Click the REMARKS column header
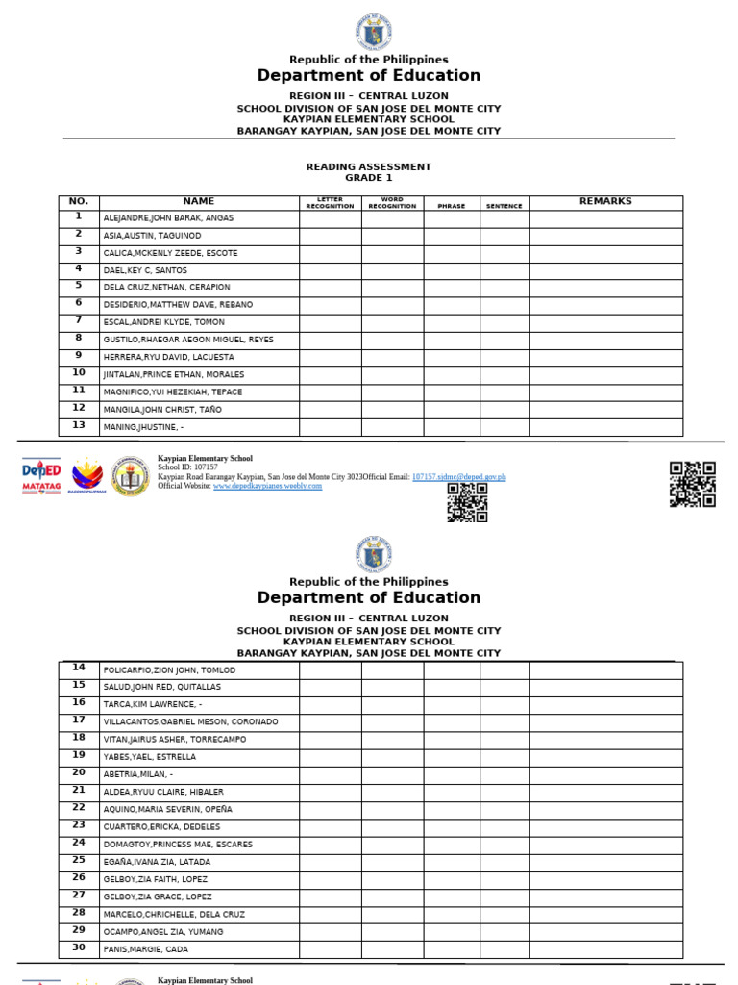[605, 202]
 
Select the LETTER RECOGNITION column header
[330, 203]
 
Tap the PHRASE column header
[451, 206]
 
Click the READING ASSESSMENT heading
[369, 167]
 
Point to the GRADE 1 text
[369, 178]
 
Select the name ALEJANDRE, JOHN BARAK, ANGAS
[168, 218]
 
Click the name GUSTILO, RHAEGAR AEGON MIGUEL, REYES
[188, 340]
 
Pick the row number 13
[79, 425]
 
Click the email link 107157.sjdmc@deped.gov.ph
[458, 477]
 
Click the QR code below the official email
[467, 502]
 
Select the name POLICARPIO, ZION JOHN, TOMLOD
[169, 670]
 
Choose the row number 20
[79, 772]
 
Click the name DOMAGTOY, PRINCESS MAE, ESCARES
[178, 845]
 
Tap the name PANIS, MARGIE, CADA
[146, 949]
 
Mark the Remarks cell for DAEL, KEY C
[605, 270]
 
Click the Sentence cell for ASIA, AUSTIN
[504, 236]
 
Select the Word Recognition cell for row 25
[392, 862]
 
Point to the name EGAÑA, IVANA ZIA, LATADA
[157, 862]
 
